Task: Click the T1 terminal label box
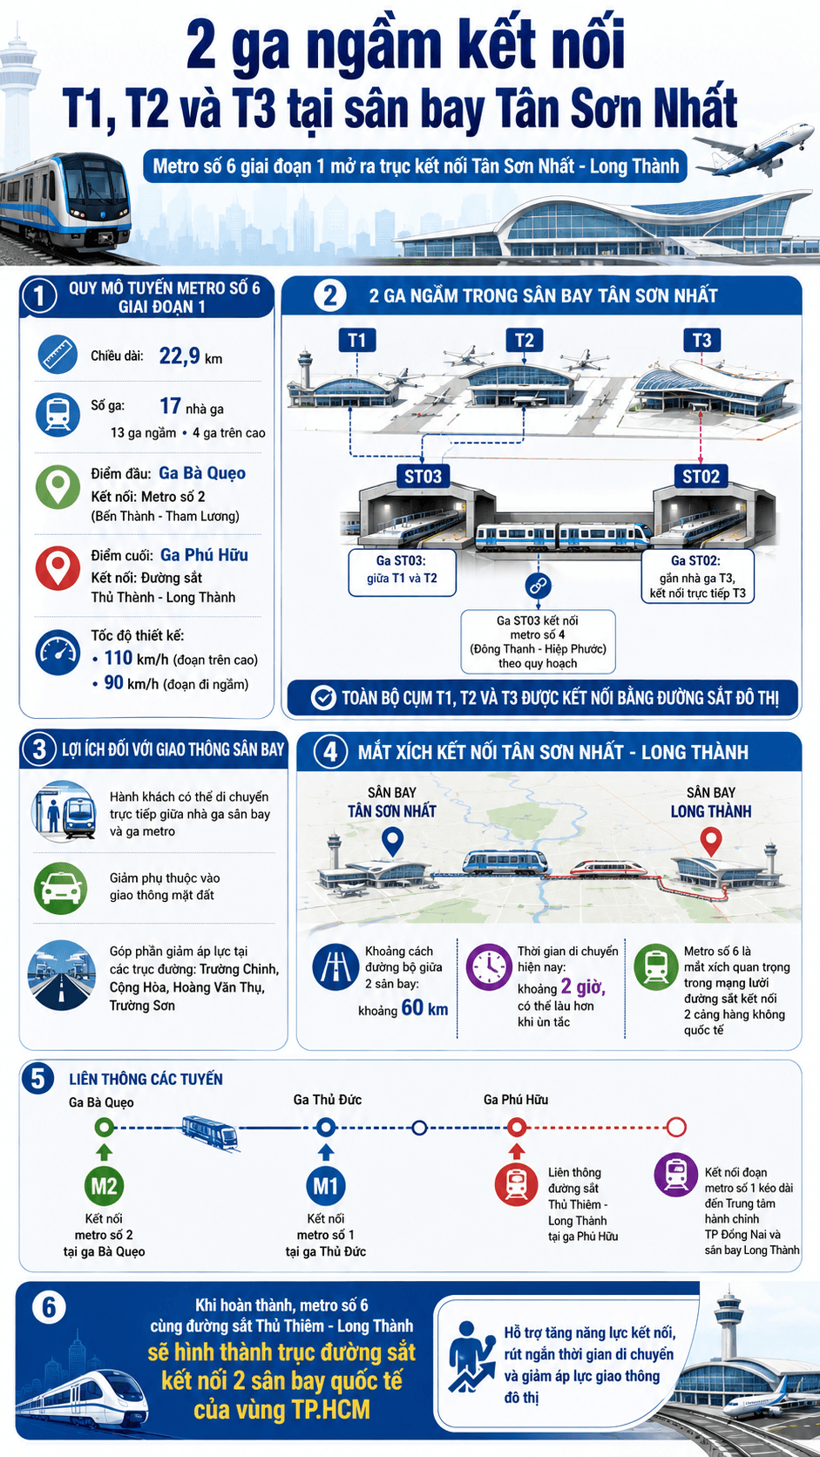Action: pyautogui.click(x=357, y=340)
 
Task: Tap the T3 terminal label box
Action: pyautogui.click(x=701, y=340)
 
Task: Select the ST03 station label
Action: pyautogui.click(x=424, y=476)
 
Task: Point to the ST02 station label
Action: pyautogui.click(x=701, y=476)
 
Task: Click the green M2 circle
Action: pyautogui.click(x=104, y=1186)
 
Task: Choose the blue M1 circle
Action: pyautogui.click(x=326, y=1186)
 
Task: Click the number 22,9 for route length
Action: pyautogui.click(x=180, y=356)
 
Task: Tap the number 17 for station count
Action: pyautogui.click(x=171, y=406)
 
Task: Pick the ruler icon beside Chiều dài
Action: pyautogui.click(x=58, y=355)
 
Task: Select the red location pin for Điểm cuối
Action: pyautogui.click(x=58, y=568)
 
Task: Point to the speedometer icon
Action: pyautogui.click(x=58, y=653)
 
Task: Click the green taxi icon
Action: pyautogui.click(x=60, y=889)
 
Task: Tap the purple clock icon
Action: pyautogui.click(x=489, y=967)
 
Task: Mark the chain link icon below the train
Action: pyautogui.click(x=539, y=586)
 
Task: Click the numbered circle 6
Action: pyautogui.click(x=49, y=1307)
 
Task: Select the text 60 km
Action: pyautogui.click(x=424, y=1007)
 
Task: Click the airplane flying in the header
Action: pyautogui.click(x=755, y=150)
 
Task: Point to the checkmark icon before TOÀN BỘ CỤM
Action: pyautogui.click(x=323, y=697)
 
